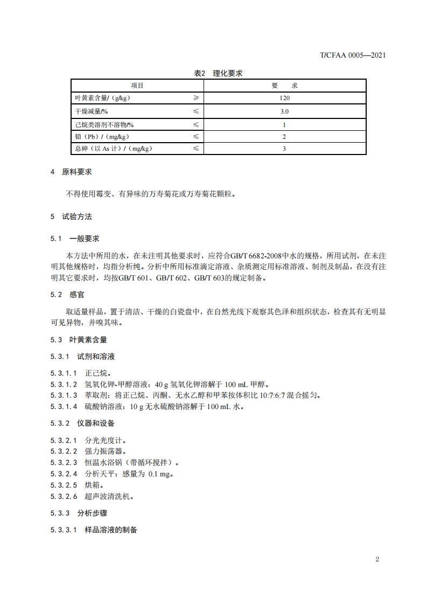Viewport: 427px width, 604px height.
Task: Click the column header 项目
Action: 137,86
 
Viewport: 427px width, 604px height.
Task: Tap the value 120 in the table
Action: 285,99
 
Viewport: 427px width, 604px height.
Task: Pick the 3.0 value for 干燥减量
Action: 285,111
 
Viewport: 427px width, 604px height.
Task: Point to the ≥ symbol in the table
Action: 196,99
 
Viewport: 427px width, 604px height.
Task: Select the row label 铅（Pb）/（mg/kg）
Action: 102,137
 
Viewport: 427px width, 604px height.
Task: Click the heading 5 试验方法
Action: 71,216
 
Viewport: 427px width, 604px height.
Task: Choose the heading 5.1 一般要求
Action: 75,238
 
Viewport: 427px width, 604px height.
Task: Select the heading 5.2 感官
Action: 67,294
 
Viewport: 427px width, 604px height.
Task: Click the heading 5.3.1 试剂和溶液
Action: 82,356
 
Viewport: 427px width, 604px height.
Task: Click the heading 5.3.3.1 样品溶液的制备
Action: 94,530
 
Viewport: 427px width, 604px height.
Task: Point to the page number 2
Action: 377,559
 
